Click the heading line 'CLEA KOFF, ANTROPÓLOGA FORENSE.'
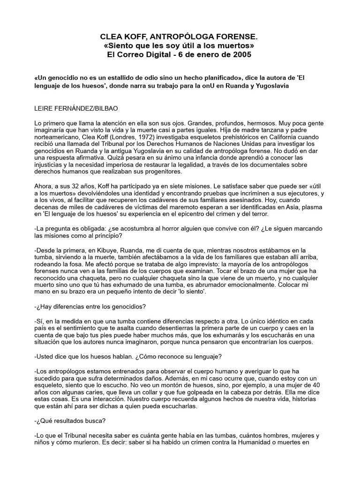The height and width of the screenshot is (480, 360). pyautogui.click(x=180, y=36)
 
